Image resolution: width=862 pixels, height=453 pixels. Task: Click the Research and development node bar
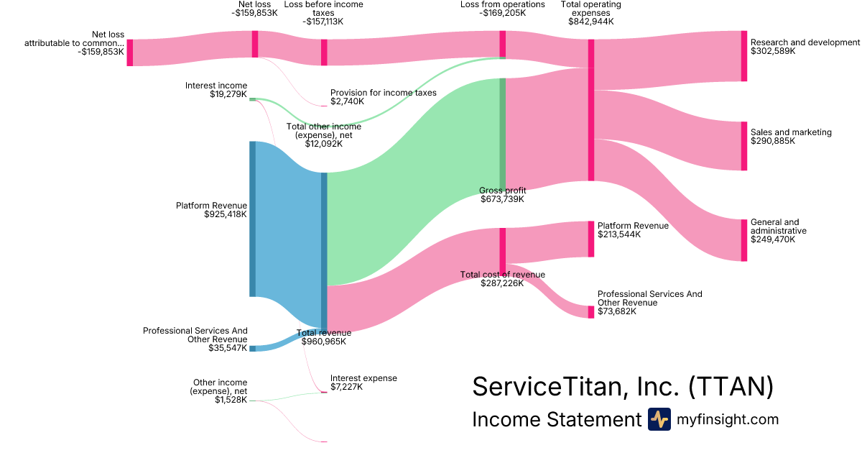744,56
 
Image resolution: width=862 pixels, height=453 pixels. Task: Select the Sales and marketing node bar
744,146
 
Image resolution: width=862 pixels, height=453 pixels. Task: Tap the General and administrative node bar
744,240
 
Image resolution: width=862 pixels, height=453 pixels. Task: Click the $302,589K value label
773,52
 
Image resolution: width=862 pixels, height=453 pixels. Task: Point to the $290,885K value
773,142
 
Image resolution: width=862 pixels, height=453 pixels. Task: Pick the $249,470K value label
773,240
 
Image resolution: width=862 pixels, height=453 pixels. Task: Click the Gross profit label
503,191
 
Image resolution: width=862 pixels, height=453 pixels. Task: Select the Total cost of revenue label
503,275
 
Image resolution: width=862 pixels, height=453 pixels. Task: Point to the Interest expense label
363,378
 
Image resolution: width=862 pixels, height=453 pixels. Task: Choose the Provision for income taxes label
384,93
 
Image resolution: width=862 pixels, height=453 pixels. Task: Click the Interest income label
216,86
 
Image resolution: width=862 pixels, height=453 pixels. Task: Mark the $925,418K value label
226,214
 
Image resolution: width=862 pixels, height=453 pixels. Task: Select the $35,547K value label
228,348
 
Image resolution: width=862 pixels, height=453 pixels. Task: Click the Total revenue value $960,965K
324,342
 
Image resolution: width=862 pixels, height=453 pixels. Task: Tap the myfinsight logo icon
659,419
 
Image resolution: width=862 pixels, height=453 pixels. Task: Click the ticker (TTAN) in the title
731,387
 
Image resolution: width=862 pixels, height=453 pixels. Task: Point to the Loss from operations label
503,4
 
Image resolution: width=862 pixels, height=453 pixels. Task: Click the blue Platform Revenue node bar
253,219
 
